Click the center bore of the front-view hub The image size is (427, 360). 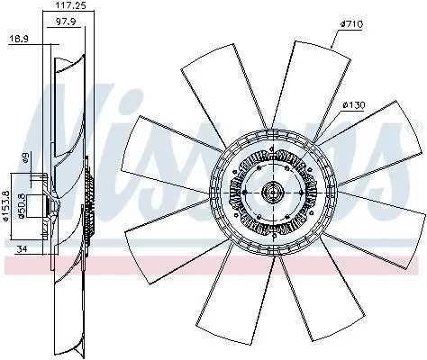tap(272, 192)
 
